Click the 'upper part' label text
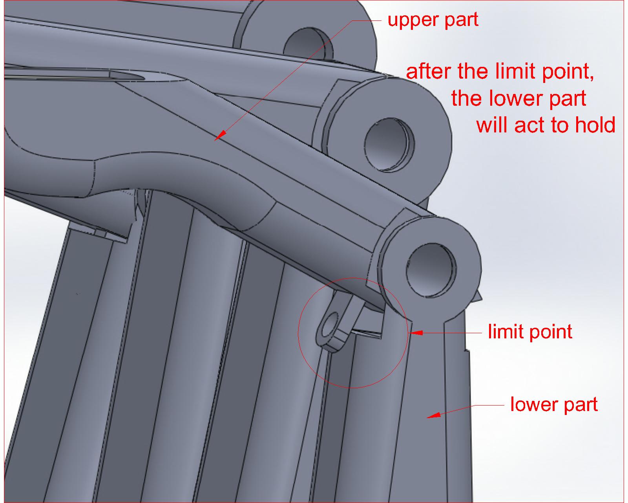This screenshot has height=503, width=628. pos(433,20)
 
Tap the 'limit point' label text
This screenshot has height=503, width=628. pos(530,332)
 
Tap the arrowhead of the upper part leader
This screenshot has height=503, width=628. pos(220,135)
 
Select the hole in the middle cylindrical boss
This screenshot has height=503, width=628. pos(389,145)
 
